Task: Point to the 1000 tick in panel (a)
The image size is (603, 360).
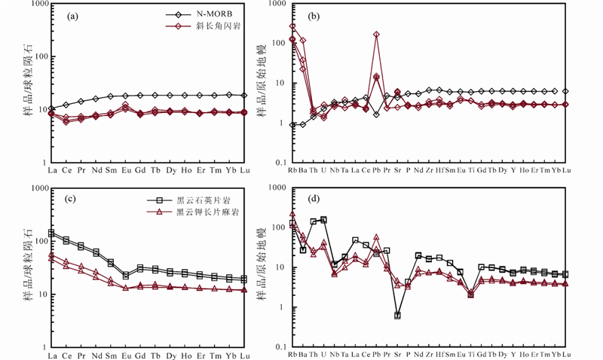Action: (x=35, y=5)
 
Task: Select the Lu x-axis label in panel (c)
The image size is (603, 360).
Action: (x=244, y=355)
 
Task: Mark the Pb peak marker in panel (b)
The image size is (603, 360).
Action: (x=376, y=35)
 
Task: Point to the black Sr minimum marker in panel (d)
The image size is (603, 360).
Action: (x=397, y=316)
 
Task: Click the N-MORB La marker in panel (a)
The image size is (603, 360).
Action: (x=51, y=109)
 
